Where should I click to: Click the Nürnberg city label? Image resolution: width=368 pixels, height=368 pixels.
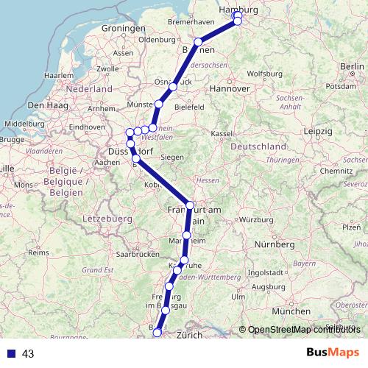click(273, 244)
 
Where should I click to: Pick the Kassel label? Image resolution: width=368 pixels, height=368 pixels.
click(221, 134)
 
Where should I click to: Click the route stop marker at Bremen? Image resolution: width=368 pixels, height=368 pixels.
click(198, 42)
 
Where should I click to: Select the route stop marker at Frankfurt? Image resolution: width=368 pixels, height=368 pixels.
click(190, 206)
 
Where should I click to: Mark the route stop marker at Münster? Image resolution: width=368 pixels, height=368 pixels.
click(158, 105)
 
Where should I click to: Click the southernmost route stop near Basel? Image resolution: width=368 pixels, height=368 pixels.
click(156, 333)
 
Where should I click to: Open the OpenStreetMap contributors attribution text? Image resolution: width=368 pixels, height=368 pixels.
click(304, 329)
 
